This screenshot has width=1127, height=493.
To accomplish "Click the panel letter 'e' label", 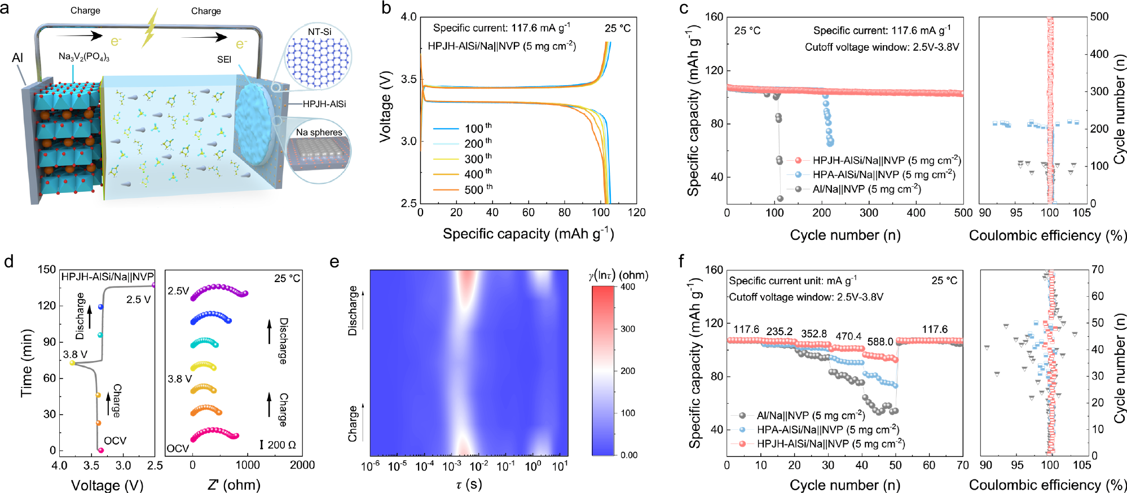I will pos(334,262).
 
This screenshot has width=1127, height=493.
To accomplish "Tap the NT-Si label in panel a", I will pos(319,32).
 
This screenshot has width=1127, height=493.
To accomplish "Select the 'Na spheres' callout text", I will pos(319,132).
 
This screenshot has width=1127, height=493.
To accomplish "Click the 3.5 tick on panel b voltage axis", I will pos(408,79).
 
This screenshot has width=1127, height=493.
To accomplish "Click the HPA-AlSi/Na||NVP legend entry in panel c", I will pos(883,175).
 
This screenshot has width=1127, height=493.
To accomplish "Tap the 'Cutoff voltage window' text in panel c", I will pos(882,47).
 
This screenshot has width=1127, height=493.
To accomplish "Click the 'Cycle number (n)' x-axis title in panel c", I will pos(844,235).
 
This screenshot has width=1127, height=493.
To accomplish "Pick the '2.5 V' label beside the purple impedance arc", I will pos(178,291).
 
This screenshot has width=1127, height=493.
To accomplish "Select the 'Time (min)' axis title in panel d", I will pos(26,363).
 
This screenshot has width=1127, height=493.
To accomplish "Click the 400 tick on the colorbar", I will pos(628,287).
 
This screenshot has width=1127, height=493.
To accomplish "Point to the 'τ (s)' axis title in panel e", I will pos(469,485).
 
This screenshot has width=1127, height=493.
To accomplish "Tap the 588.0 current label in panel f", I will pos(880,342).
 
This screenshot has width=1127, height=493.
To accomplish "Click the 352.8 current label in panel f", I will pos(813,333).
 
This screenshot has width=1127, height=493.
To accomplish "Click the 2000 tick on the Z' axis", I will pos(302,465).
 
